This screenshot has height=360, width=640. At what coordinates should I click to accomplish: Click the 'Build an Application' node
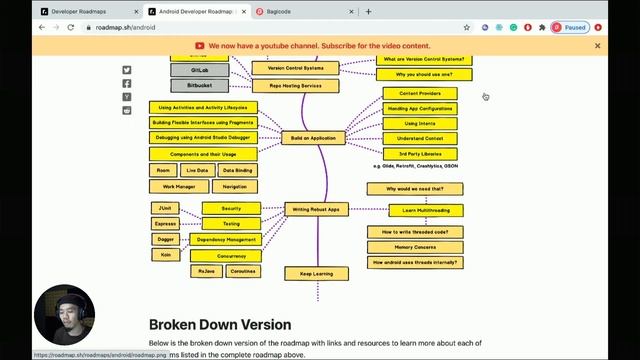click(x=312, y=138)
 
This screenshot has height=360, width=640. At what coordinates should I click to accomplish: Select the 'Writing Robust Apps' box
click(x=316, y=210)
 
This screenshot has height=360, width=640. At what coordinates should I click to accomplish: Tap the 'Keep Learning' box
click(x=316, y=273)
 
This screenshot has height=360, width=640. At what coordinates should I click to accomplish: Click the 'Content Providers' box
click(x=420, y=93)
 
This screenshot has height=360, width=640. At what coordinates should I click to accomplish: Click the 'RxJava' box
click(x=206, y=271)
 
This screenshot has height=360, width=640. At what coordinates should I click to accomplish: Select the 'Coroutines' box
click(x=241, y=271)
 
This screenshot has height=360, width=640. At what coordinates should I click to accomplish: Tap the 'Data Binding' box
click(x=235, y=171)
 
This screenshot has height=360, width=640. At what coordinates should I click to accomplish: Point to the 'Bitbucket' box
click(x=199, y=86)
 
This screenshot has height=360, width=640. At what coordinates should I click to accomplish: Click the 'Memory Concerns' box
click(x=414, y=247)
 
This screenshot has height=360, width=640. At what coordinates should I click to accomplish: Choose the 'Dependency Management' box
click(x=225, y=240)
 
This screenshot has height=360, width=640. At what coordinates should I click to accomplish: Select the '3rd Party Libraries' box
click(x=420, y=154)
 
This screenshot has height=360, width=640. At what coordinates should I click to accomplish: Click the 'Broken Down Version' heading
click(x=220, y=325)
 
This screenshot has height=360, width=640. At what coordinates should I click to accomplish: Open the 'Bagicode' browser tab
click(x=300, y=11)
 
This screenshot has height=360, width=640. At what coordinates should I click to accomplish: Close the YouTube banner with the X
click(x=598, y=46)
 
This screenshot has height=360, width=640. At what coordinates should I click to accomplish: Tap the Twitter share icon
click(x=127, y=70)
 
